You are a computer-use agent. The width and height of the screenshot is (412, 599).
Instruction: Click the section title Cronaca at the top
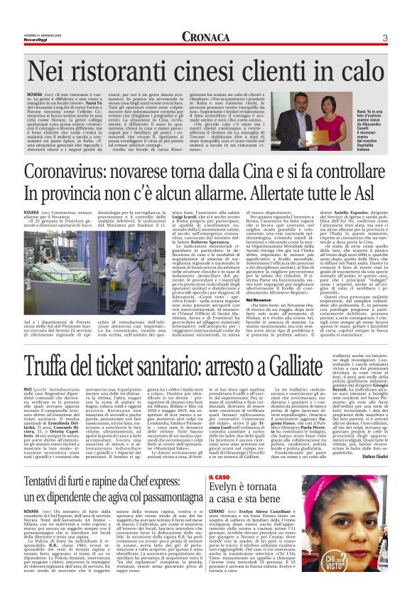[206, 37]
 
